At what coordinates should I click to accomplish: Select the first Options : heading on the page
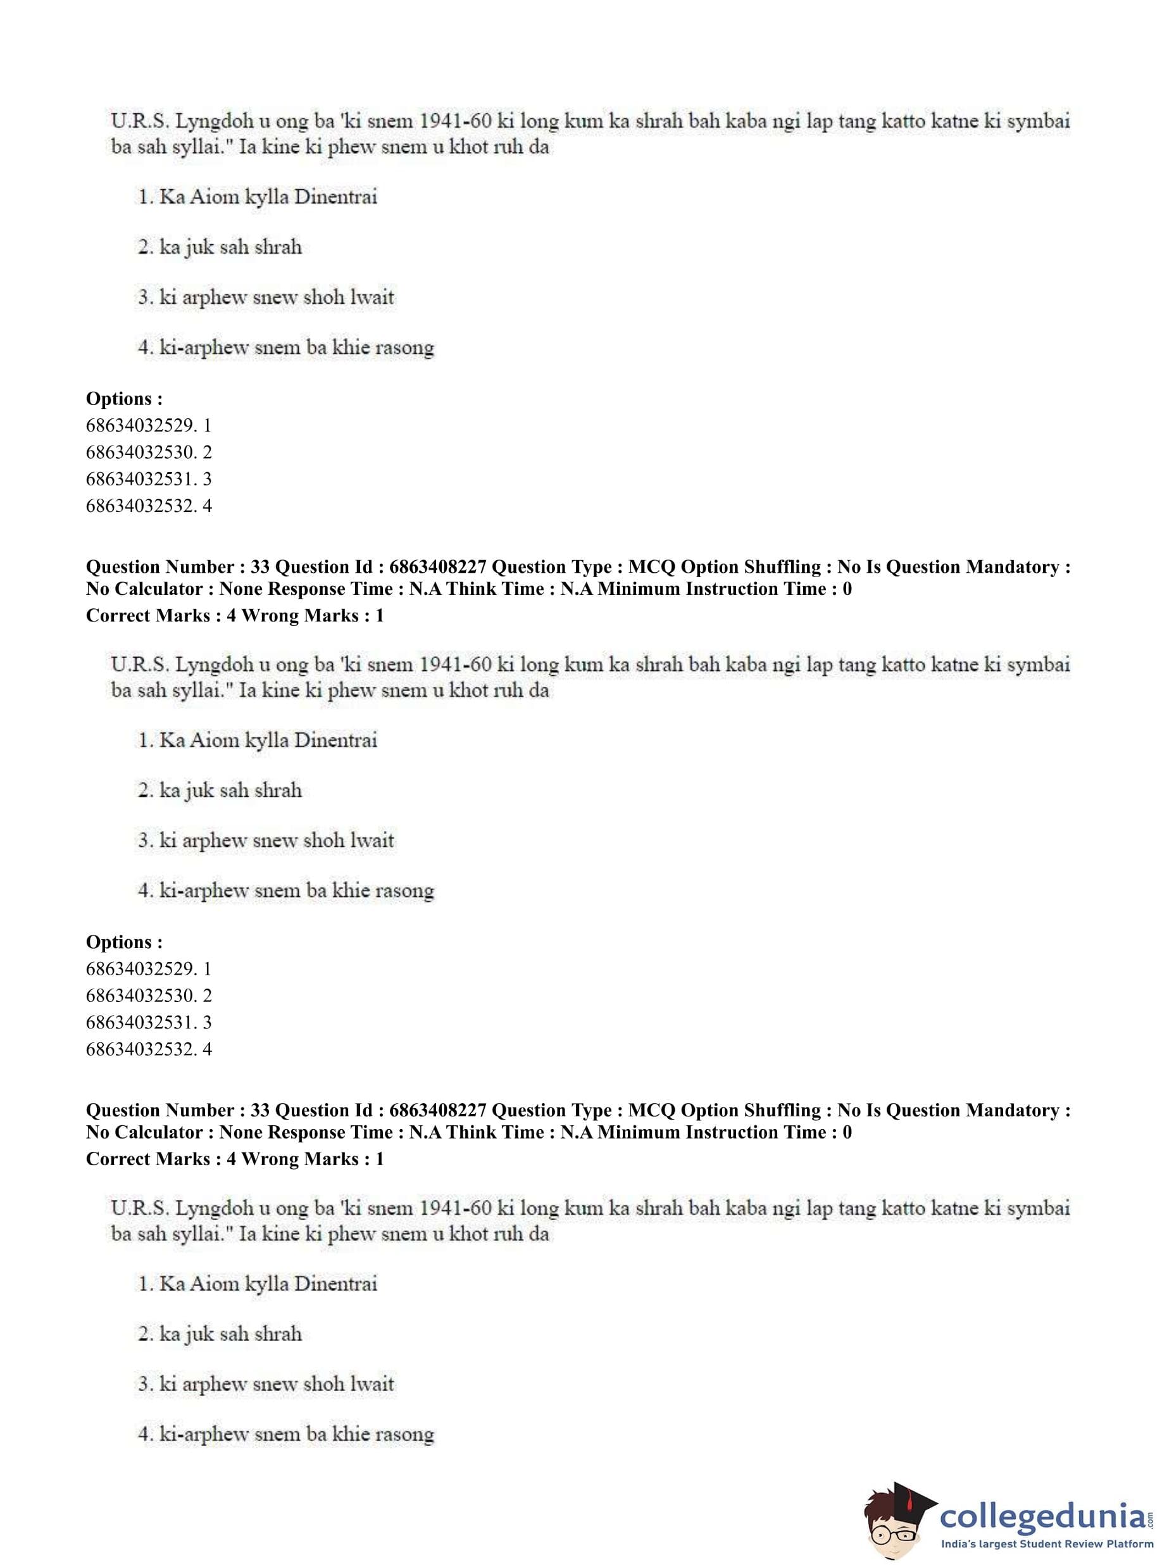[x=124, y=399]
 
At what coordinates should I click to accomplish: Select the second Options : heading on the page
[x=124, y=942]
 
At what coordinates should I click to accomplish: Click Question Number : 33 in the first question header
[x=178, y=567]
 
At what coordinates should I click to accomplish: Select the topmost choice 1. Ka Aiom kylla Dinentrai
[x=258, y=196]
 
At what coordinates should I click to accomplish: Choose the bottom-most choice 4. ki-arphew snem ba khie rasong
[x=285, y=1433]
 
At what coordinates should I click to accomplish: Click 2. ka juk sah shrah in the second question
[x=220, y=790]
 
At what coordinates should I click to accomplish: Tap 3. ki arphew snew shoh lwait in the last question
[x=266, y=1383]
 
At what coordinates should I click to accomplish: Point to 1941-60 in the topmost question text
[x=455, y=121]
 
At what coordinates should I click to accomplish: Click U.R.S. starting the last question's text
[x=139, y=1208]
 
